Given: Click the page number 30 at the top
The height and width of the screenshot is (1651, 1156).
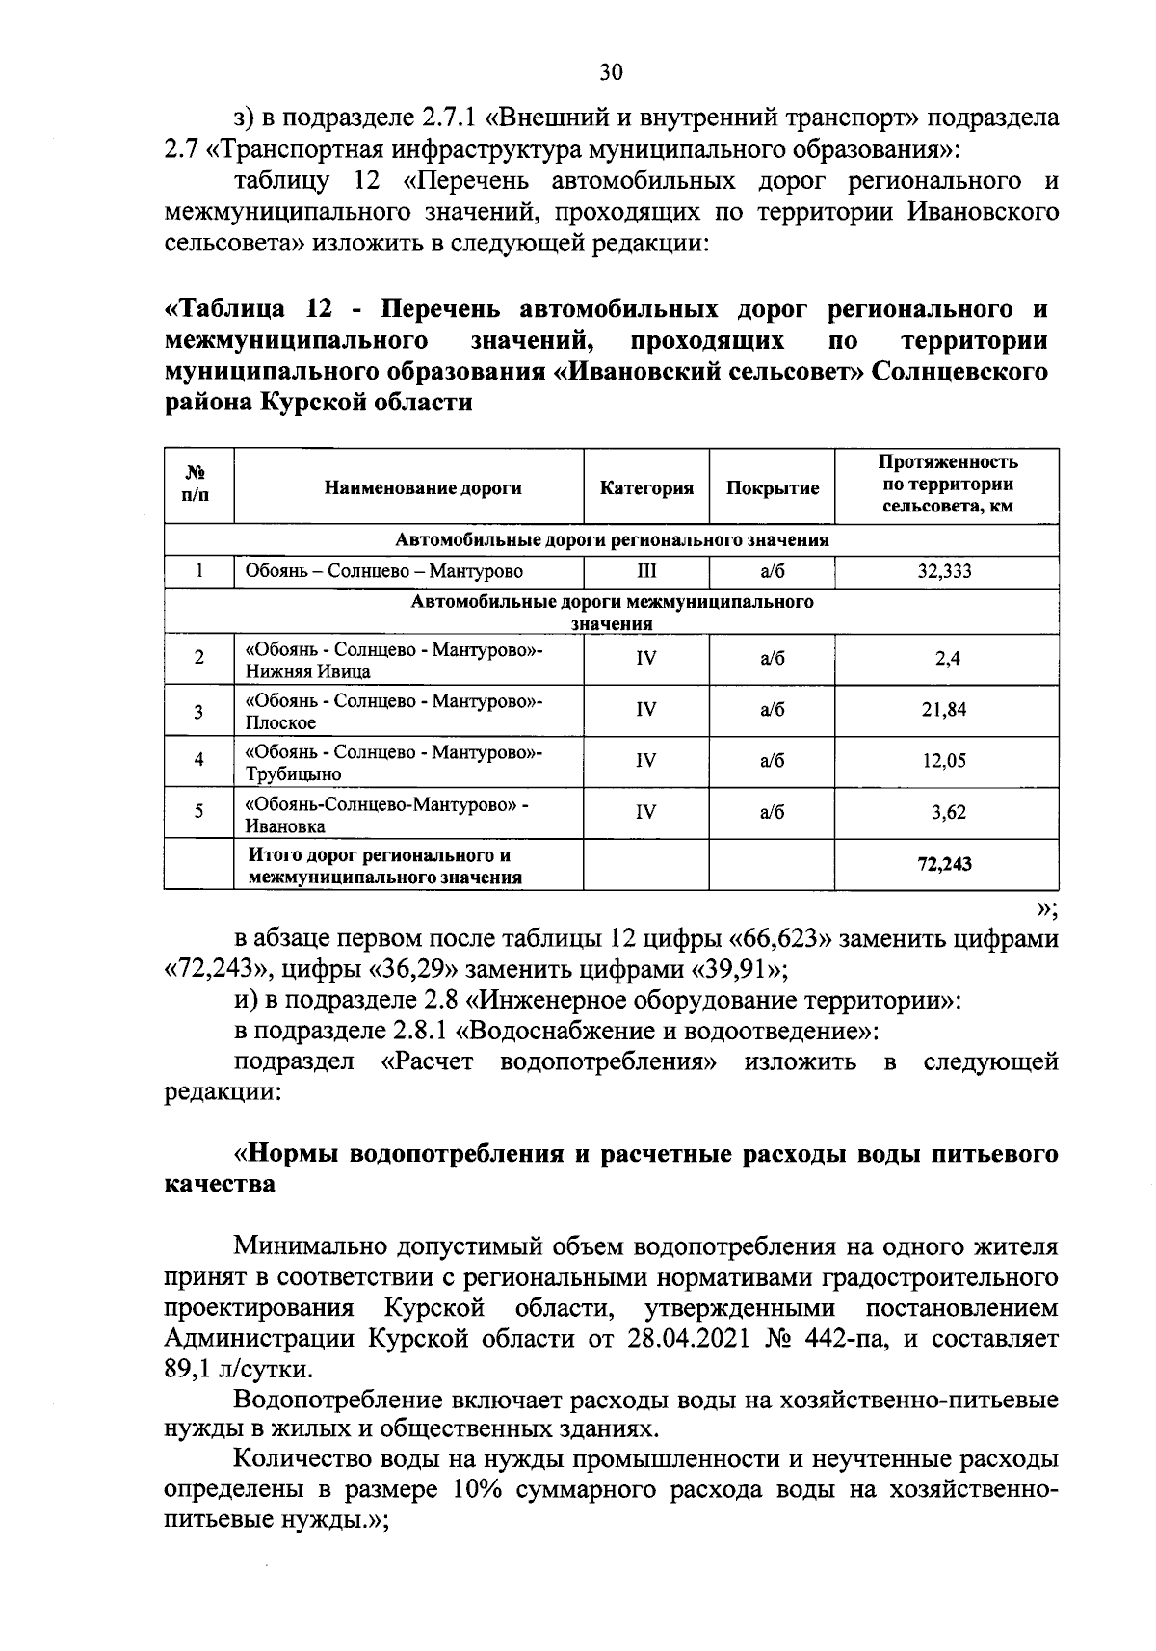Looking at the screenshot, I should coord(611,71).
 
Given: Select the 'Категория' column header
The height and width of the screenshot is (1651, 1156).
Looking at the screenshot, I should coord(646,487).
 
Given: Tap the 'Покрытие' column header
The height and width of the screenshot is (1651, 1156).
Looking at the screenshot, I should coord(773,487).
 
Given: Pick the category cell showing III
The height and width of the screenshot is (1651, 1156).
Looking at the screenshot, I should coord(646,571).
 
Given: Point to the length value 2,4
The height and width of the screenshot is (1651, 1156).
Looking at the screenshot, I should coord(946,659).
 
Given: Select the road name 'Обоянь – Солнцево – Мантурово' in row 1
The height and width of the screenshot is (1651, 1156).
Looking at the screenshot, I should coord(384,571).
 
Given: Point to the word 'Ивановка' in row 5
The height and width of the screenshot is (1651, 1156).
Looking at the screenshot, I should coord(285,825).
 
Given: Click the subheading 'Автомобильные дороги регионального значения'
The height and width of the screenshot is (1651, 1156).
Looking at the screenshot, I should coord(612,540).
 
